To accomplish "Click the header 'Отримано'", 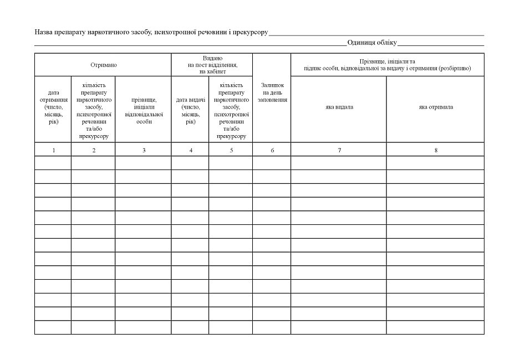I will [103, 65].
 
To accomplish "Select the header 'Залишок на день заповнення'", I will [272, 92].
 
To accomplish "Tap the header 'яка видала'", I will [339, 107].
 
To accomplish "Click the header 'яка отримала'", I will [436, 107].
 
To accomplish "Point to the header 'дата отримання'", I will [53, 107].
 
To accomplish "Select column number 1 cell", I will [53, 150].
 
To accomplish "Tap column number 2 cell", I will [94, 150].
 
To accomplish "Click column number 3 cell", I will [144, 150].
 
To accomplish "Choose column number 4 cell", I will [191, 150].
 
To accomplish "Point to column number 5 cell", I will [231, 150].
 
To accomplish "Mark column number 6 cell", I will [272, 150].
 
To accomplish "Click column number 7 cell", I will [339, 150].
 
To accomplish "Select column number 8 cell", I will [436, 150].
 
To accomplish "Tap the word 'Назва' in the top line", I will [44, 32].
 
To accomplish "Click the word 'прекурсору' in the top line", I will [251, 32].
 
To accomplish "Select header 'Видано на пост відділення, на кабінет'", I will [212, 65].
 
